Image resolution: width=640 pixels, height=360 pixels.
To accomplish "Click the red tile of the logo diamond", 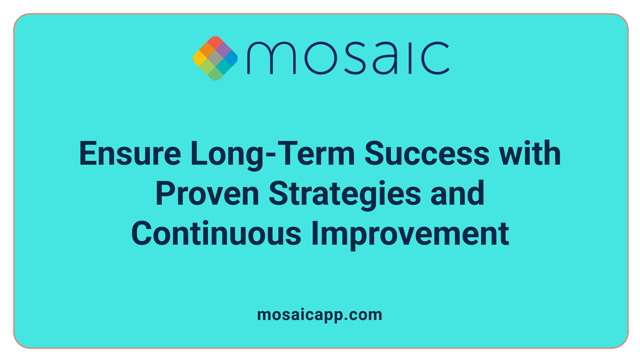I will pyautogui.click(x=215, y=43).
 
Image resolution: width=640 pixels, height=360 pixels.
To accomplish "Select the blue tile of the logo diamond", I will pyautogui.click(x=231, y=58).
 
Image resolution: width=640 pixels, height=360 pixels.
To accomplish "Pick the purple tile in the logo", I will pyautogui.click(x=223, y=50).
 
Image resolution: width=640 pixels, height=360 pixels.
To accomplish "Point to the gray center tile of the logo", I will pyautogui.click(x=215, y=58).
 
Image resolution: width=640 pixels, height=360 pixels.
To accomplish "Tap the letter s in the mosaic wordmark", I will pyautogui.click(x=354, y=58).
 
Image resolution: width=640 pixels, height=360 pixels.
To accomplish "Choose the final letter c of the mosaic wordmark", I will pyautogui.click(x=435, y=58).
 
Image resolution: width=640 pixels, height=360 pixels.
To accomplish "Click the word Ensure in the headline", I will pyautogui.click(x=130, y=154).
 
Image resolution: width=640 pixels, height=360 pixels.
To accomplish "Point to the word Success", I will pyautogui.click(x=427, y=154).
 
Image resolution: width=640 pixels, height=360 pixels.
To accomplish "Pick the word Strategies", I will pyautogui.click(x=345, y=194).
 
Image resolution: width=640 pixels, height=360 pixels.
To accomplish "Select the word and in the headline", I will pyautogui.click(x=457, y=194).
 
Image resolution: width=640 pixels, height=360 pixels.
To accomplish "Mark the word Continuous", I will pyautogui.click(x=216, y=234).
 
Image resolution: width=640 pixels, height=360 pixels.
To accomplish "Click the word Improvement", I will pyautogui.click(x=410, y=234).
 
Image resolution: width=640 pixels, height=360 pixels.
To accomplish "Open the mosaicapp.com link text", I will pyautogui.click(x=320, y=315).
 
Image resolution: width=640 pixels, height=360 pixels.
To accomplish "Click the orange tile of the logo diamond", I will pyautogui.click(x=207, y=50).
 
